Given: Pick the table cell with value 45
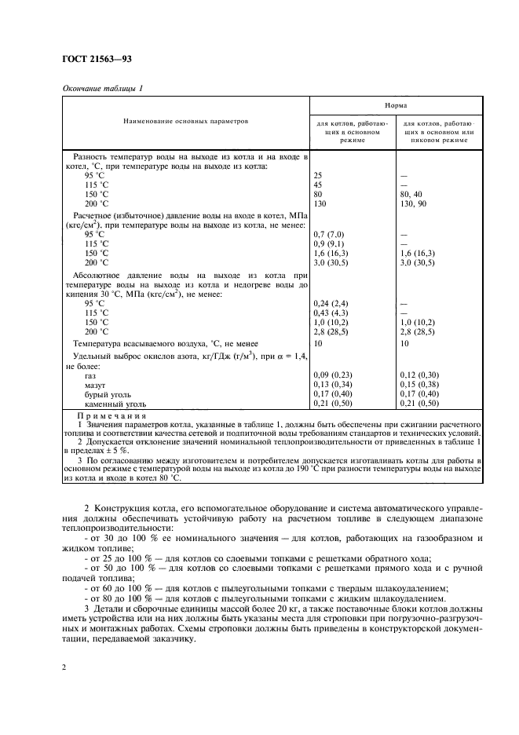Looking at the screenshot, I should pyautogui.click(x=318, y=185).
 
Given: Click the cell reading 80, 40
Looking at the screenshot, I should pyautogui.click(x=415, y=194).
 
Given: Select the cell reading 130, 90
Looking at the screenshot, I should pyautogui.click(x=416, y=203).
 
